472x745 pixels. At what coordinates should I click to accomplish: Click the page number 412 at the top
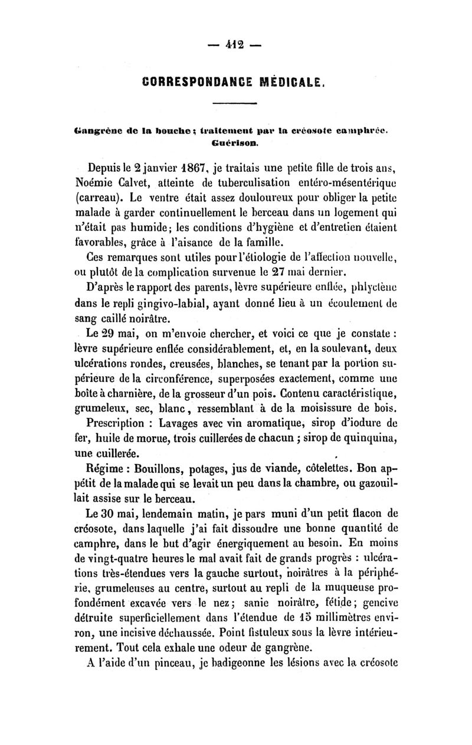pos(236,44)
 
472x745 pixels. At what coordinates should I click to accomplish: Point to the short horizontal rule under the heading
pos(235,104)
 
